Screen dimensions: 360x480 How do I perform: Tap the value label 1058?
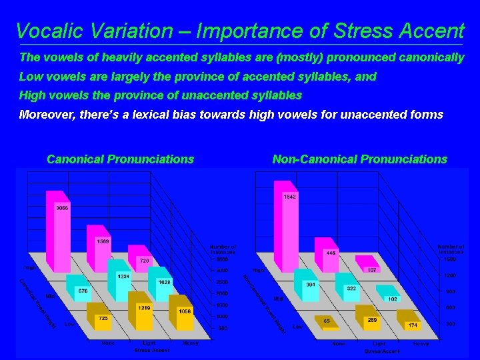click(x=185, y=311)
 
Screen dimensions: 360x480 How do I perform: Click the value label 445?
click(x=330, y=253)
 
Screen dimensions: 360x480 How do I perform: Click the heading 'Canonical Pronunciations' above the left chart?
click(x=120, y=159)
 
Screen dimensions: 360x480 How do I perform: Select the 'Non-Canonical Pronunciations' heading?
click(x=359, y=159)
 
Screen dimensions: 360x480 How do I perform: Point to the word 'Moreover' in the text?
click(x=46, y=115)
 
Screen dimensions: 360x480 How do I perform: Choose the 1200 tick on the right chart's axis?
click(x=450, y=275)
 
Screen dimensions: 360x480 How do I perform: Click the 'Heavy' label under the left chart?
click(x=190, y=343)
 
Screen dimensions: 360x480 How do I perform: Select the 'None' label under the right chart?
click(x=339, y=344)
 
